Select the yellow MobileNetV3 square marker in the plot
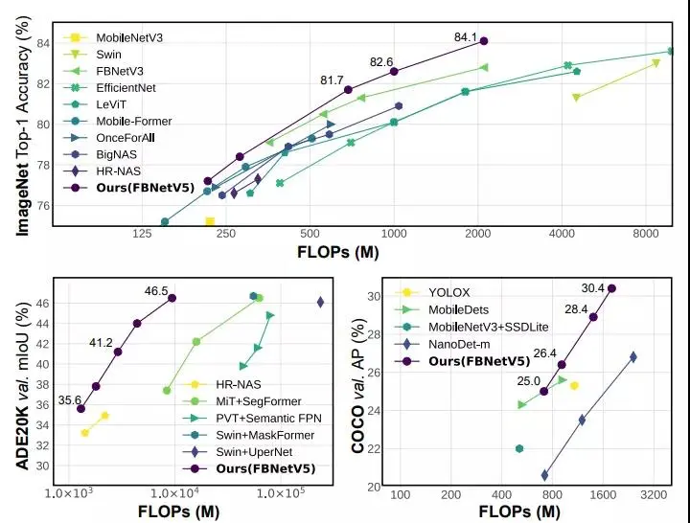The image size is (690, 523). click(210, 222)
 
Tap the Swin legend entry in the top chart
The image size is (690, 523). click(108, 55)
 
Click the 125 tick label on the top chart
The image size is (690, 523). click(143, 235)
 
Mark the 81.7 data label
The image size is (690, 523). click(333, 80)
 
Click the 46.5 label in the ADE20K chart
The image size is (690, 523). click(156, 291)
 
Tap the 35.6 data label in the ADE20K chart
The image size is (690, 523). click(70, 400)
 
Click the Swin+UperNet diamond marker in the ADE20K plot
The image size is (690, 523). click(320, 302)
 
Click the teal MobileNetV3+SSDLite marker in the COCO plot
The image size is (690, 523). click(519, 448)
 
